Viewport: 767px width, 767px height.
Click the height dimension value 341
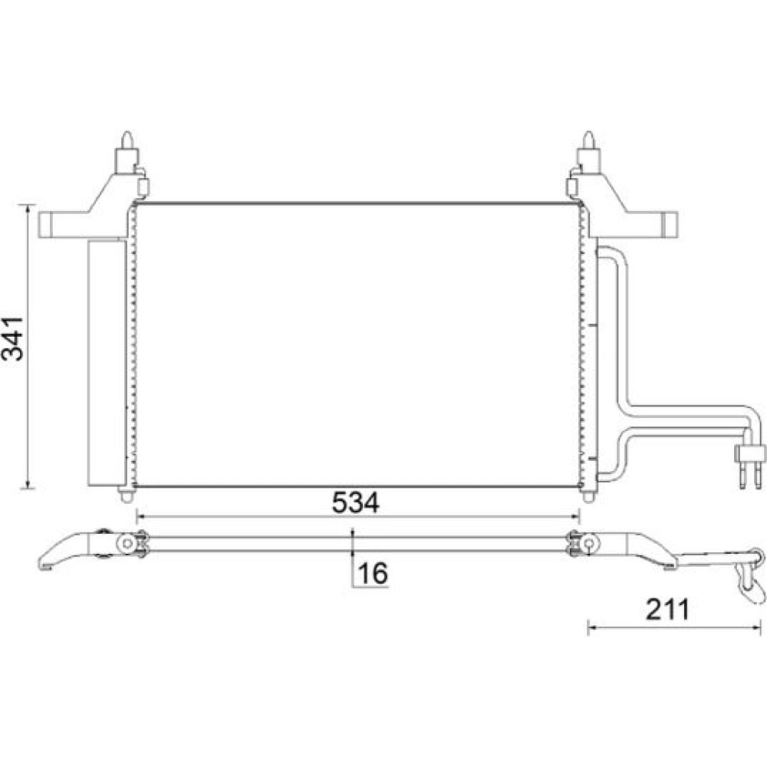click(x=13, y=338)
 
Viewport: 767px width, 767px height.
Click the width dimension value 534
click(x=355, y=502)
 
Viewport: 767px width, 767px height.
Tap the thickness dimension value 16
click(x=374, y=573)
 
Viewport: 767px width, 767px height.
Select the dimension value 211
click(x=667, y=610)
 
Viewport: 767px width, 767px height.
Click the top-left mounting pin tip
click(x=127, y=133)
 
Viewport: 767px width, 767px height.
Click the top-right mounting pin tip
click(x=588, y=133)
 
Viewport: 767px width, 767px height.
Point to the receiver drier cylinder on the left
click(x=106, y=363)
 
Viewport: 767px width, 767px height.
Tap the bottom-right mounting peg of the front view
click(x=588, y=495)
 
